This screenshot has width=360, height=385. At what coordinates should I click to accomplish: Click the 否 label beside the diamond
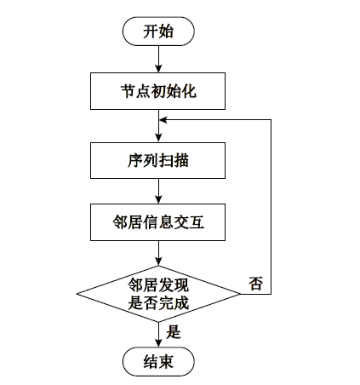tap(256, 284)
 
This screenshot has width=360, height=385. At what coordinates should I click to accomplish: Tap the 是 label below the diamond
tap(174, 331)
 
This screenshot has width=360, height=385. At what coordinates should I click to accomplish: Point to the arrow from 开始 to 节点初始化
tap(158, 59)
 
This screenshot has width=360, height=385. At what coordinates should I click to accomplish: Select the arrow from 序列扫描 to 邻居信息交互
tap(158, 191)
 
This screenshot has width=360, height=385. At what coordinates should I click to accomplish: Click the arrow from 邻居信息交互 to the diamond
tap(158, 253)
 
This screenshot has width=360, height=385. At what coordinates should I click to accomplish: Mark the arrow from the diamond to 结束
tap(158, 335)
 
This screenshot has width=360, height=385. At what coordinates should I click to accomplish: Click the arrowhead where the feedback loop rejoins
tap(163, 120)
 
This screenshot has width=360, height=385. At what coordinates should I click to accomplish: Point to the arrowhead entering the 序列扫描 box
tap(158, 138)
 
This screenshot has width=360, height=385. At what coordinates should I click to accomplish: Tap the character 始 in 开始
tap(166, 32)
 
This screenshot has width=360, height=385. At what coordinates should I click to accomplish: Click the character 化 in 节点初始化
tap(189, 91)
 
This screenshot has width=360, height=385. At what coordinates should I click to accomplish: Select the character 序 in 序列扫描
tap(134, 161)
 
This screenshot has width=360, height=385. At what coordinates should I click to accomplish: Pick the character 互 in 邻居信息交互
tap(197, 222)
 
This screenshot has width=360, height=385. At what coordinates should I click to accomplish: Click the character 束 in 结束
tap(166, 362)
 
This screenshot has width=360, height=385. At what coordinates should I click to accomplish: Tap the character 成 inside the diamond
tap(181, 303)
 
